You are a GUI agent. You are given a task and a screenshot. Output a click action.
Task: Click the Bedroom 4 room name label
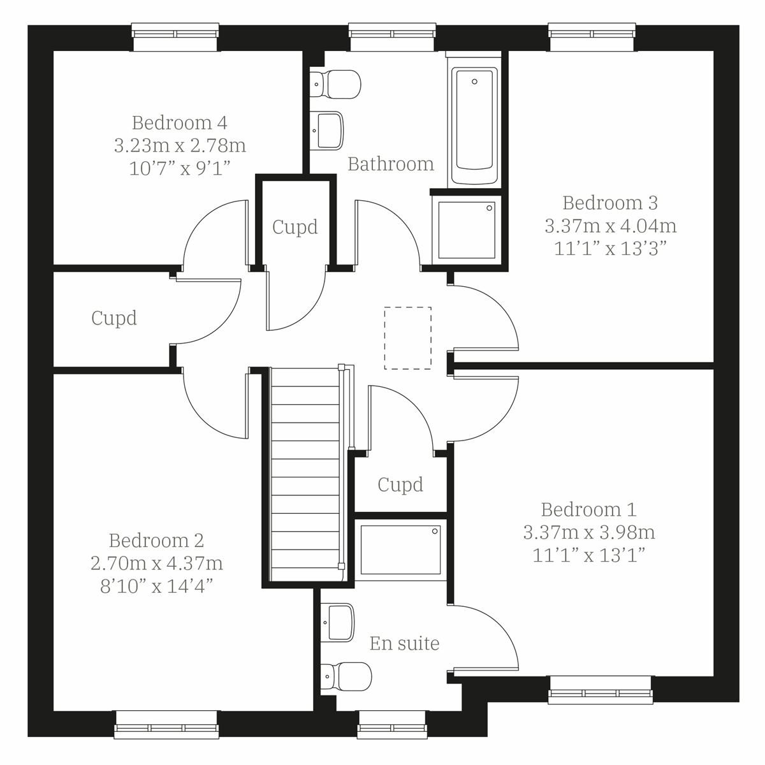coord(180,122)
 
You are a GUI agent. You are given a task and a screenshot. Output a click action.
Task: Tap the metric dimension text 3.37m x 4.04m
coord(610,226)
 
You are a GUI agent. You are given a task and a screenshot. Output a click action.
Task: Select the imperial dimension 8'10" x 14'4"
coord(156,586)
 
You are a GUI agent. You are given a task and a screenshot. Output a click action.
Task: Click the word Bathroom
coord(390,164)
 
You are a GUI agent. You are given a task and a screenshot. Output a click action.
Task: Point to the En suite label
coord(404,643)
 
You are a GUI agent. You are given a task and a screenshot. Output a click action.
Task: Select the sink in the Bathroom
coord(328,131)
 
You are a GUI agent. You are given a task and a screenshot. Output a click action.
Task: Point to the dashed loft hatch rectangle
coord(408,338)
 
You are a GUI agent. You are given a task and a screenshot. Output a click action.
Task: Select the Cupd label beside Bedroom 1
coord(400,484)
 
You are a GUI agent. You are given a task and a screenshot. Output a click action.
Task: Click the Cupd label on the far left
coord(114,317)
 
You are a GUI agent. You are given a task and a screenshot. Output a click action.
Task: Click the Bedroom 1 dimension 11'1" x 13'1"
coord(588,555)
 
